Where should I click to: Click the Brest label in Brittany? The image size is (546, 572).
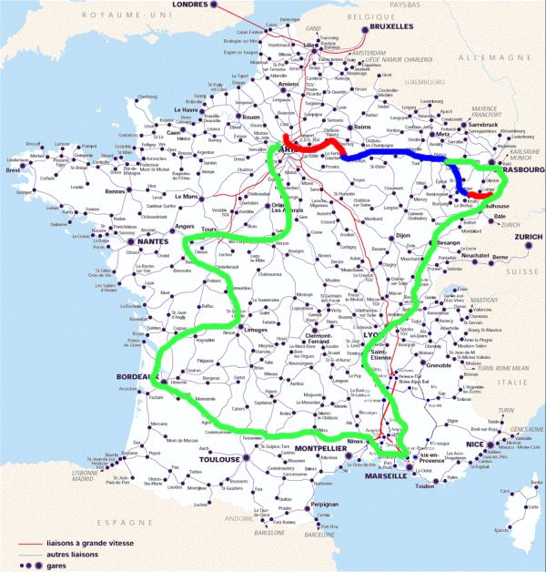click(14, 169)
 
